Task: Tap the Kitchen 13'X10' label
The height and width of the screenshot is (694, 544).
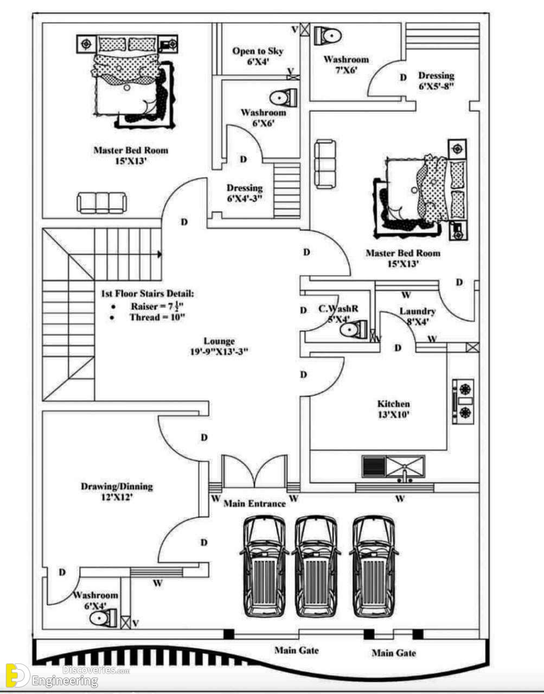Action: [393, 409]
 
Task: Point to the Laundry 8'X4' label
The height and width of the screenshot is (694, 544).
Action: [418, 316]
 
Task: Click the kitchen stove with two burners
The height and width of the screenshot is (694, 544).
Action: [463, 402]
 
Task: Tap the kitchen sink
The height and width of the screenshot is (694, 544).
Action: [405, 468]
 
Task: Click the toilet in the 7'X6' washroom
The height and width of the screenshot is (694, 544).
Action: [328, 35]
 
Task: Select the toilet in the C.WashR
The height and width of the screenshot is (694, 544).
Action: [354, 329]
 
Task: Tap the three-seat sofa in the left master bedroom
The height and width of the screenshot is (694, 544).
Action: [101, 202]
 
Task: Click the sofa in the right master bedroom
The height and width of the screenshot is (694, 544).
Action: [325, 164]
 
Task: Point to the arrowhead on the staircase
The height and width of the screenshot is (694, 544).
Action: [159, 254]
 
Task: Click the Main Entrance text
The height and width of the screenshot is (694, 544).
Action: [254, 504]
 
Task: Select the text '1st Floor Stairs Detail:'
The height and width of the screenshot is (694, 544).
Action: [147, 294]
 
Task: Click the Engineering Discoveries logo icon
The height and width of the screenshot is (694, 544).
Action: [17, 675]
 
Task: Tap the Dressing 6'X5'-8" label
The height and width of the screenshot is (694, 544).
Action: [436, 80]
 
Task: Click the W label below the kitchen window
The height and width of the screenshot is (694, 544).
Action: [400, 498]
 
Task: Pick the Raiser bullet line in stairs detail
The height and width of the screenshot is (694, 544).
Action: [147, 306]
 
